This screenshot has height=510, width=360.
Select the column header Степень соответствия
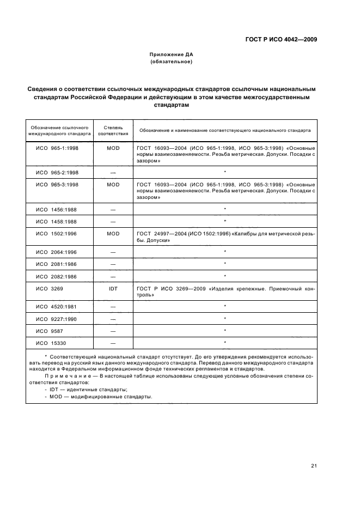pyautogui.click(x=113, y=131)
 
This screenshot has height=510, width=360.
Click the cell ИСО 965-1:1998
pyautogui.click(x=57, y=148)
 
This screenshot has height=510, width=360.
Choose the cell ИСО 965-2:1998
pyautogui.click(x=57, y=172)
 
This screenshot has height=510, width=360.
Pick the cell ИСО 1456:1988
pyautogui.click(x=57, y=209)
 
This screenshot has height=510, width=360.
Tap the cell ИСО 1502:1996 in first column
pyautogui.click(x=57, y=233)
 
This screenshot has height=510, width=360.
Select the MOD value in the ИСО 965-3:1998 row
pyautogui.click(x=113, y=185)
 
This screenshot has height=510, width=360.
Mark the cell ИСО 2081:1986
pyautogui.click(x=57, y=264)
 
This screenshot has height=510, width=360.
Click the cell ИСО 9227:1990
pyautogui.click(x=57, y=319)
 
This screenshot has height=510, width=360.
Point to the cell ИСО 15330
pyautogui.click(x=53, y=343)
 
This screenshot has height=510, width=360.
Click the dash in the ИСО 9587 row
pyautogui.click(x=113, y=331)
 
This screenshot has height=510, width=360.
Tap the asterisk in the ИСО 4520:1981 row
pyautogui.click(x=224, y=306)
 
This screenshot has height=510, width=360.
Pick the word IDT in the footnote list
pyautogui.click(x=54, y=389)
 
